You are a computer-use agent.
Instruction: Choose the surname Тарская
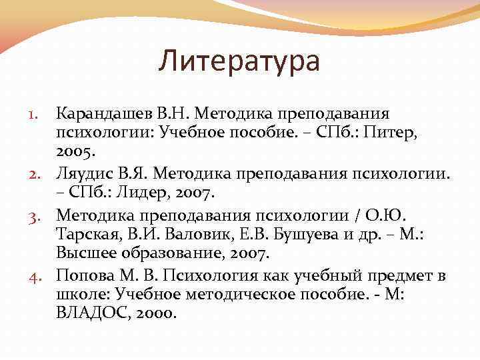coord(87,234)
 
